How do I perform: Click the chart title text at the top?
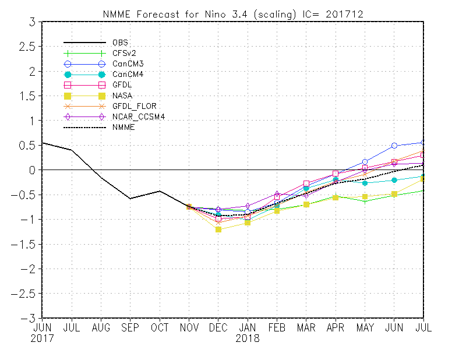pos(233,14)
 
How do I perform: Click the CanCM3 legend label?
pos(128,64)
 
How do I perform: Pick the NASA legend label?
pos(122,96)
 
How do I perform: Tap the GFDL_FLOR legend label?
pos(135,106)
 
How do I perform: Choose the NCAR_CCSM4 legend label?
pos(139,117)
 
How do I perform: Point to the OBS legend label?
pos(120,43)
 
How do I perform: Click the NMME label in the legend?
pos(123,127)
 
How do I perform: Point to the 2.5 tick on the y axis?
pos(27,47)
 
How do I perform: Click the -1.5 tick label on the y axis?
pos(23,244)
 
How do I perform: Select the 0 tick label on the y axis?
pos(32,170)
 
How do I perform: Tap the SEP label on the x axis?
pos(130,327)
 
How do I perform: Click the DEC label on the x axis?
pos(218,327)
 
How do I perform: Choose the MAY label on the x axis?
pos(365,327)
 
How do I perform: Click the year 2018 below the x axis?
pos(247,338)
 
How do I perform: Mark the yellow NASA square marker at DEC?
pos(218,230)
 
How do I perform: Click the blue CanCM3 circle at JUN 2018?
pos(394,146)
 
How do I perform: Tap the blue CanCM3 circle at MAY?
pos(365,162)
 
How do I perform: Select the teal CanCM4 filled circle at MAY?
pos(365,183)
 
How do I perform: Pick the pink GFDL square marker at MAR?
pos(306,183)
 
